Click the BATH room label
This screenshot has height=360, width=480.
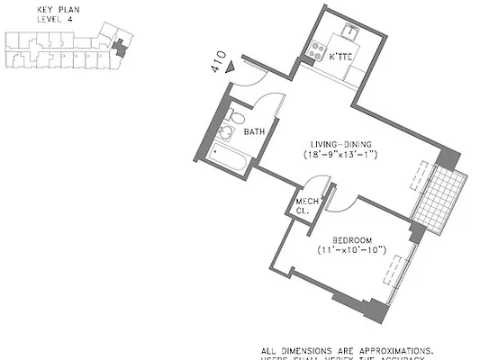click(254, 131)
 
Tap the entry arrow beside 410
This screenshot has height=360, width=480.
click(233, 66)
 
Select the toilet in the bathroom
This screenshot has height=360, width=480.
click(235, 116)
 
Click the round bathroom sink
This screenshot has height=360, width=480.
click(225, 133)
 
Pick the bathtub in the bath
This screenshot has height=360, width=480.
click(230, 158)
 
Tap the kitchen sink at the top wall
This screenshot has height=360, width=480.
click(349, 33)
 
